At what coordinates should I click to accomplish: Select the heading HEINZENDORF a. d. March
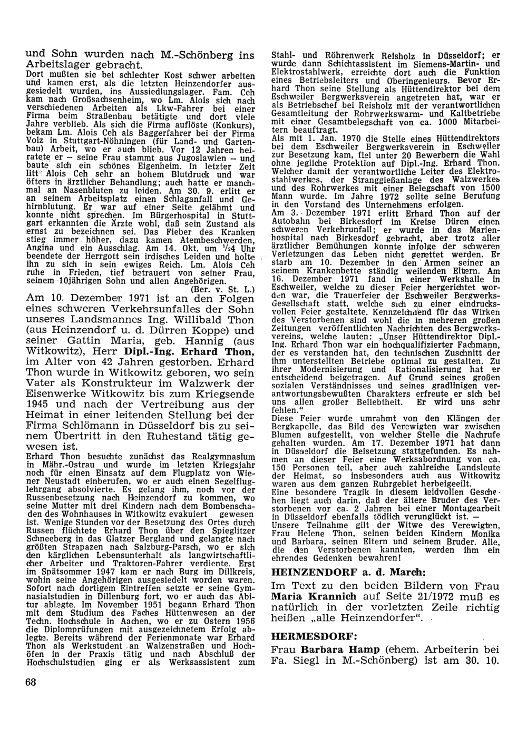click(x=327, y=572)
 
